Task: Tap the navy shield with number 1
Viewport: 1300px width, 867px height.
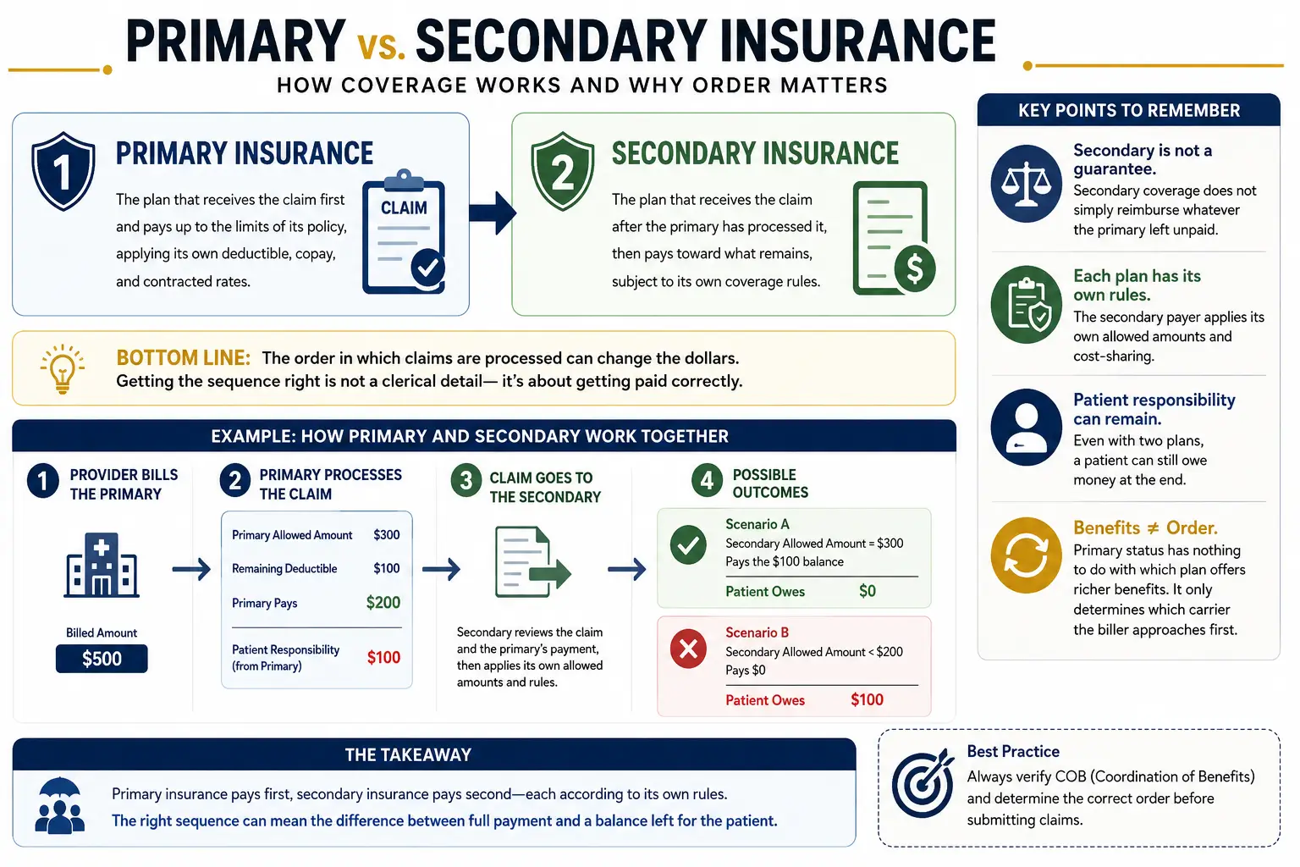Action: (63, 171)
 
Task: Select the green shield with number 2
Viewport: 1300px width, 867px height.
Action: (562, 171)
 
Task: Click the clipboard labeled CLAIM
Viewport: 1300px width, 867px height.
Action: (404, 232)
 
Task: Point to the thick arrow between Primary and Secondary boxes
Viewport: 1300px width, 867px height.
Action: (493, 213)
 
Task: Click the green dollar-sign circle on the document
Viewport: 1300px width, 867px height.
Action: (915, 268)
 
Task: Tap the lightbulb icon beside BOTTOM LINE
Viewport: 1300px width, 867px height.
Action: (62, 369)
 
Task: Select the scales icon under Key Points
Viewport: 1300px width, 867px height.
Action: (1026, 184)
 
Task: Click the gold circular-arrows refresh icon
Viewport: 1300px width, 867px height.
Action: (1026, 555)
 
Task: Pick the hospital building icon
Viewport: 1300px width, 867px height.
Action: (102, 565)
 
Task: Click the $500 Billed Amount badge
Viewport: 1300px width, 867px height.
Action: (102, 659)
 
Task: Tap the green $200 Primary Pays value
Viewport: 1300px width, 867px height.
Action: (383, 602)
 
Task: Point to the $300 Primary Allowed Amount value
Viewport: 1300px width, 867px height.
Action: (387, 534)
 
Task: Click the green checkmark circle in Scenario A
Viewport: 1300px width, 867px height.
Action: (688, 544)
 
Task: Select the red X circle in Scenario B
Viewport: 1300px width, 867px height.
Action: (688, 648)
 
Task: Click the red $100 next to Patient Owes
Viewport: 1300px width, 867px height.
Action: (867, 699)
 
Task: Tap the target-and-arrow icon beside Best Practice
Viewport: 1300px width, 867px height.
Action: (923, 783)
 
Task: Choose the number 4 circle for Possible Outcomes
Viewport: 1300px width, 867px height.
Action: (707, 480)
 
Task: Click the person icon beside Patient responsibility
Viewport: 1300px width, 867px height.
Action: (1026, 427)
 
